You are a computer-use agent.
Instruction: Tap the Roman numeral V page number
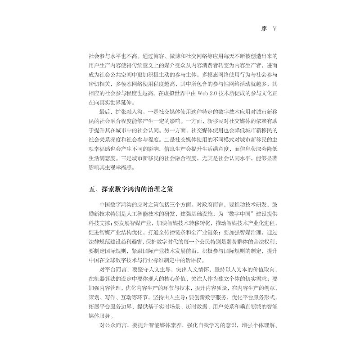point(276,28)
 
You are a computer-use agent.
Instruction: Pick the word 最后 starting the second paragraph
point(104,112)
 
